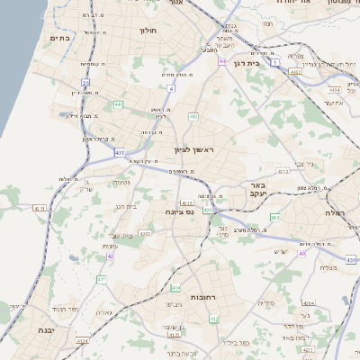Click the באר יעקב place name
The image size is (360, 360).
(260, 191)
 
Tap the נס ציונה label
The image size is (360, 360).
(180, 211)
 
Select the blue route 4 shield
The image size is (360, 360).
(171, 88)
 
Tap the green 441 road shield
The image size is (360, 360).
(118, 105)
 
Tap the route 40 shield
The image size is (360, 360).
(302, 253)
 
